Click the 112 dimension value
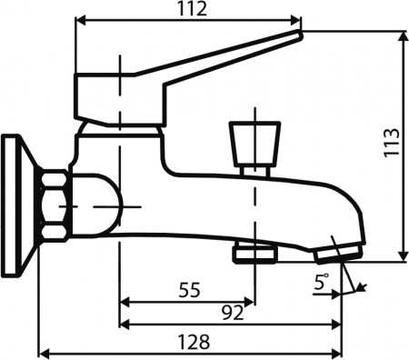pyautogui.click(x=193, y=9)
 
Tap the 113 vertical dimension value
pyautogui.click(x=392, y=142)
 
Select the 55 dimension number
pyautogui.click(x=189, y=289)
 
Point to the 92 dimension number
pyautogui.click(x=233, y=313)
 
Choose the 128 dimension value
pyautogui.click(x=194, y=342)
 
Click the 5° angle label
pyautogui.click(x=321, y=282)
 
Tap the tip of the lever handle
pyautogui.click(x=300, y=34)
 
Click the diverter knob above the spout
pyautogui.click(x=254, y=148)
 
